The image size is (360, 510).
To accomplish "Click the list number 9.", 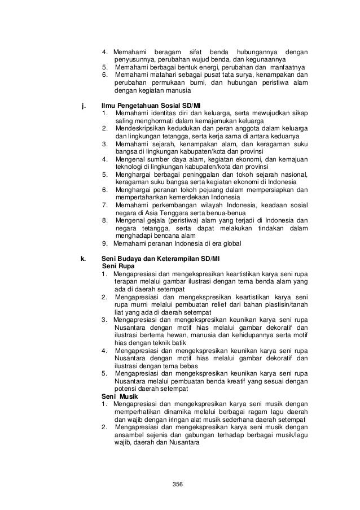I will (x=105, y=244).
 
